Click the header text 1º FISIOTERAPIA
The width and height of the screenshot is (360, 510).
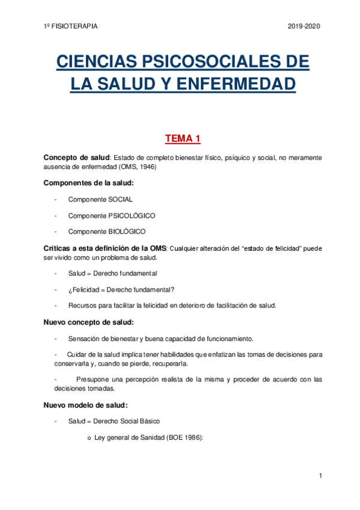tap(71, 26)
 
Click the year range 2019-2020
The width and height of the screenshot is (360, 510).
tap(305, 26)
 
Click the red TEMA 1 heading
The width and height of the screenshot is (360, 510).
tap(183, 140)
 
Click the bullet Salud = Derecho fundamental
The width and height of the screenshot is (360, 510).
tap(113, 273)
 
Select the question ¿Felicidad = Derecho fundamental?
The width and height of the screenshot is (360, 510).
tap(121, 289)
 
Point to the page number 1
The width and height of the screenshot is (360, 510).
tap(321, 476)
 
